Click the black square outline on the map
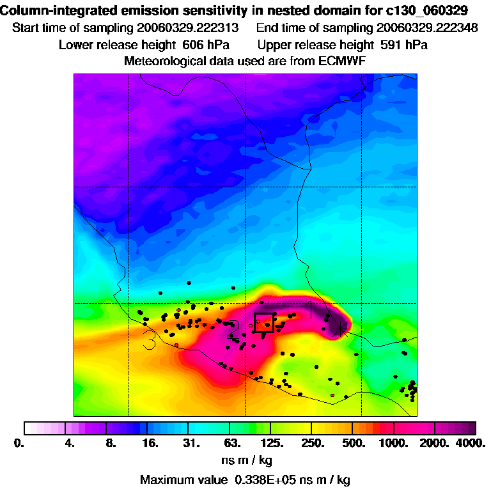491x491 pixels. click(x=264, y=323)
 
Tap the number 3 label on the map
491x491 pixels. click(x=150, y=339)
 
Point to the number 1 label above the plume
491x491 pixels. click(x=311, y=309)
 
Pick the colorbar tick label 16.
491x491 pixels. click(x=150, y=443)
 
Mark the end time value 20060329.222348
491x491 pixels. click(x=427, y=29)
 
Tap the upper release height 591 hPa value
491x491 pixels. click(x=402, y=45)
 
